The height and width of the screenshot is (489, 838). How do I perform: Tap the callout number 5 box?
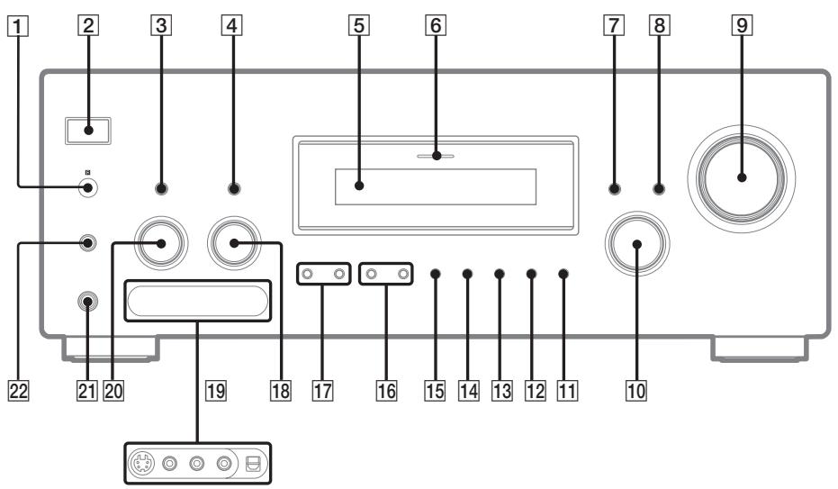click(359, 25)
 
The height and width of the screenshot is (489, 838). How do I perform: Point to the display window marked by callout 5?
click(434, 187)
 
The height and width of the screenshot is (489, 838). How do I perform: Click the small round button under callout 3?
click(161, 189)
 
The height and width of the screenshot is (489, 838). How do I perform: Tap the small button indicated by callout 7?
click(614, 189)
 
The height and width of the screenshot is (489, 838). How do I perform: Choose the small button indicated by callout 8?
click(660, 189)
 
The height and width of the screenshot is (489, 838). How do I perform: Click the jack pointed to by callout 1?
click(87, 188)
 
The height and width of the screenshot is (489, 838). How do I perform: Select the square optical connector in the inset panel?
click(255, 466)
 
